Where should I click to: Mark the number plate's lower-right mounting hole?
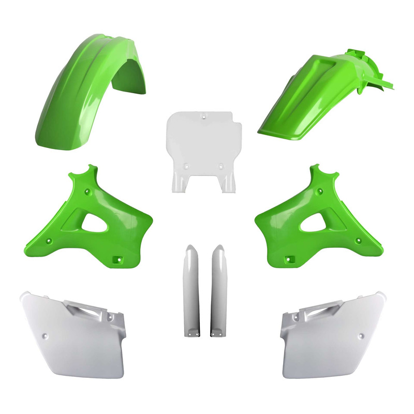pos(221,166)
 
